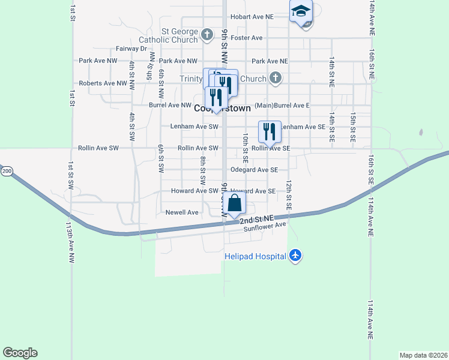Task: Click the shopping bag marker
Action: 235,203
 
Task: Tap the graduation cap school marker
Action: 301,11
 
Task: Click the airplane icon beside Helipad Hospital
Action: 294,256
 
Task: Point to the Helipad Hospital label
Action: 255,256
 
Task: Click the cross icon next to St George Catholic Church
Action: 206,34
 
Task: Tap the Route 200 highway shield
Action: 7,171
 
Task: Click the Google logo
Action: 20,353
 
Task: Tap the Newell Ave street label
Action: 182,212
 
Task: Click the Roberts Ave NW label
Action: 103,83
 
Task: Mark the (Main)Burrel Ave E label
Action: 282,105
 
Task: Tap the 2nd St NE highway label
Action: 257,220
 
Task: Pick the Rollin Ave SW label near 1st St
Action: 98,148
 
